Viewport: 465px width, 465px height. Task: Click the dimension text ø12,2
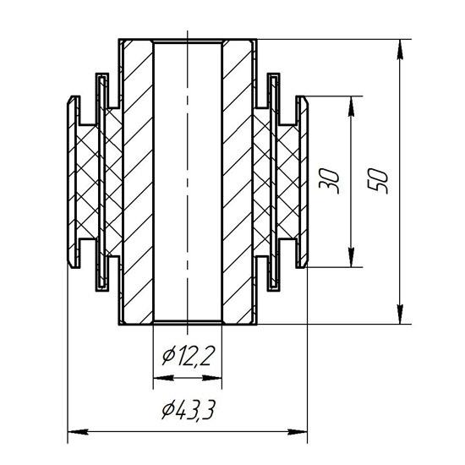188,356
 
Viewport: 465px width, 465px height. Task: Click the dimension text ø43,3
188,409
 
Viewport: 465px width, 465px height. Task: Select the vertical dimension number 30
329,181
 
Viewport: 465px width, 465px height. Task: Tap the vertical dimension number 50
378,181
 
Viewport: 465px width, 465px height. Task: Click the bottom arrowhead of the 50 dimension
400,315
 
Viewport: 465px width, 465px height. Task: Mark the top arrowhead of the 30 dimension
351,106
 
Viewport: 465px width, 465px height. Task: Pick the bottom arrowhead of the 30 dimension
351,257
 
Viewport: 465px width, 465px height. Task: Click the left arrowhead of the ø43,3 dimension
78,431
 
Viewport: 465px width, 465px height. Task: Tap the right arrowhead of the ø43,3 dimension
298,431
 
